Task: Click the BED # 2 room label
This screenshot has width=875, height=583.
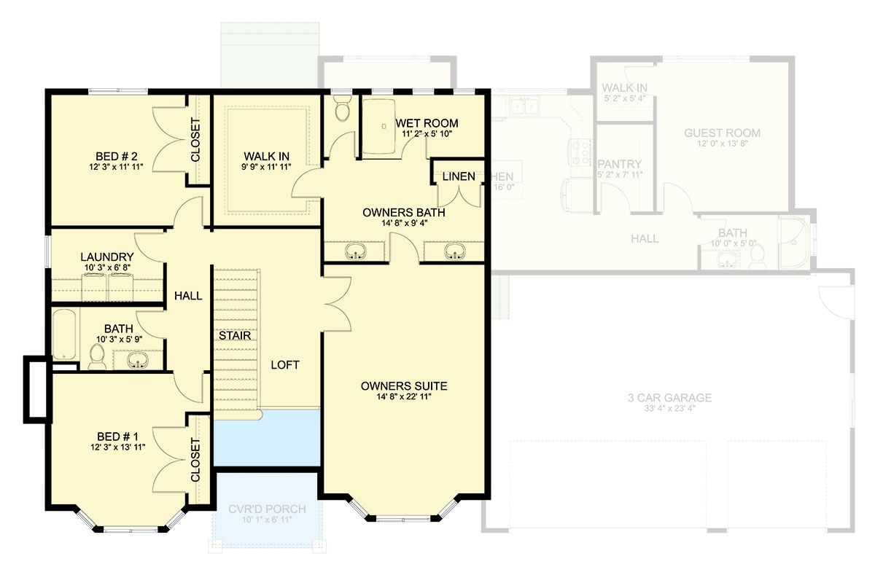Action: (117, 156)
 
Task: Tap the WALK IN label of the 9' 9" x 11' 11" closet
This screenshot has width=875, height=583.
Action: (266, 156)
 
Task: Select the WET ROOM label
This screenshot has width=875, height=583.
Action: (427, 122)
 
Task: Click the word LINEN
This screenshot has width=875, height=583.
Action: (459, 176)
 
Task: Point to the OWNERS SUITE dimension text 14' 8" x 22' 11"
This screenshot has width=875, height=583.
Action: (404, 397)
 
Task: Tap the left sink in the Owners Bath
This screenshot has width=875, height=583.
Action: (357, 252)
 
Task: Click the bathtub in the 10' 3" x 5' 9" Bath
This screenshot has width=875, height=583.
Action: (64, 333)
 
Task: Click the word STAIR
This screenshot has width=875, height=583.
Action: (236, 336)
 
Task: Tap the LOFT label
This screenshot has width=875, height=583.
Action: (284, 365)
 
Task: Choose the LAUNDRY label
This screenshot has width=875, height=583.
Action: (106, 257)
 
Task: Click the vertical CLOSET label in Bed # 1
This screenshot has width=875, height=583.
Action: (195, 460)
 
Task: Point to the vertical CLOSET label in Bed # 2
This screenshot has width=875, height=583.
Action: (195, 140)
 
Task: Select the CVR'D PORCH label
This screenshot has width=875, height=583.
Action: (267, 509)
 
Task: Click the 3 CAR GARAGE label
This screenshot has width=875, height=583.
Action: (669, 398)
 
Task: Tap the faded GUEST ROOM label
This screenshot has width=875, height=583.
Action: (722, 133)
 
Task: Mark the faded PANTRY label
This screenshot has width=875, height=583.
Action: (619, 164)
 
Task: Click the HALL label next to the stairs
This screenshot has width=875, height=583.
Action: (187, 296)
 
